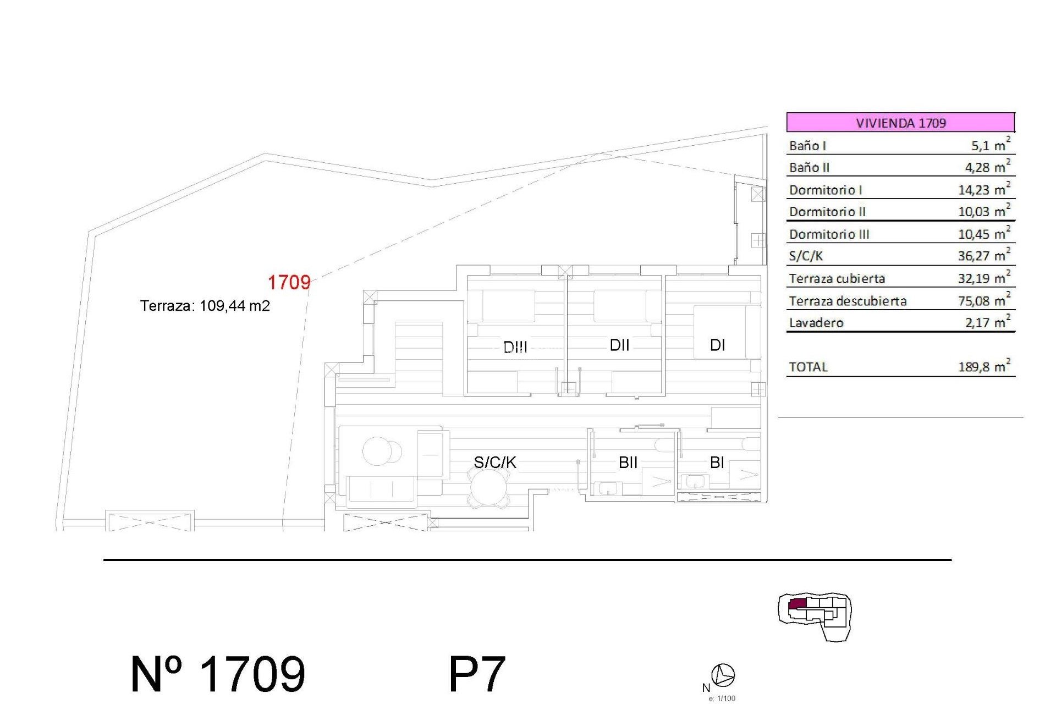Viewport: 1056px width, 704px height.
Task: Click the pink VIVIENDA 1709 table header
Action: [x=900, y=122]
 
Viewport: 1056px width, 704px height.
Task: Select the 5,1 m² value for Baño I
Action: [x=990, y=145]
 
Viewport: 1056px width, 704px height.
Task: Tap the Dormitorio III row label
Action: [x=829, y=234]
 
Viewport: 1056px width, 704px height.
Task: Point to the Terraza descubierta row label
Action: [x=848, y=301]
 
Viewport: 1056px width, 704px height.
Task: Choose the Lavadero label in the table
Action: [x=816, y=323]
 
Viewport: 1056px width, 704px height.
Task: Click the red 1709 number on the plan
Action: [x=289, y=283]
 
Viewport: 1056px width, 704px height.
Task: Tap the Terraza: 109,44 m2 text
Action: [x=205, y=306]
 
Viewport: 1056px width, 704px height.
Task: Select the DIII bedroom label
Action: [x=515, y=347]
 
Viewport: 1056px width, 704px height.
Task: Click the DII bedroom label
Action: [x=619, y=345]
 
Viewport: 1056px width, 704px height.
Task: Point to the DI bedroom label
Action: [x=717, y=345]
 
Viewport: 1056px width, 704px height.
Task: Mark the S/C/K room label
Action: [x=495, y=462]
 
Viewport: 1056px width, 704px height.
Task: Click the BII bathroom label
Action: [x=628, y=463]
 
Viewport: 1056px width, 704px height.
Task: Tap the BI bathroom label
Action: [x=717, y=463]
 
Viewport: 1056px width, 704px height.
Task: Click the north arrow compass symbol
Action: [x=723, y=675]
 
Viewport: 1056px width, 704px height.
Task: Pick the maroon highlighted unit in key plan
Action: [x=798, y=604]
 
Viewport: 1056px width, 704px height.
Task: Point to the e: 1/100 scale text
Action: [x=722, y=698]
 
